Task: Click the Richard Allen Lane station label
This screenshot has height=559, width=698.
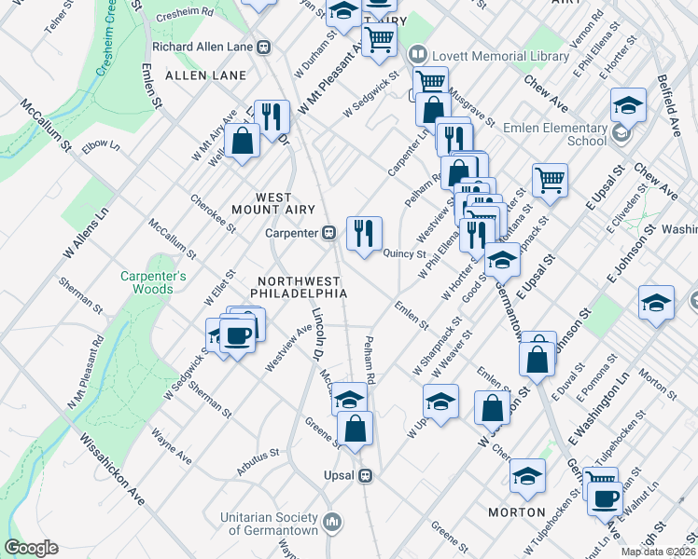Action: (205, 46)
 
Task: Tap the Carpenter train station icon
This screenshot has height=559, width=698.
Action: (329, 233)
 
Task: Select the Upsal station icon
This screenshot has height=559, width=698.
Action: (366, 475)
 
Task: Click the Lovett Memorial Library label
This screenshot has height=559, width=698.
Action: (500, 56)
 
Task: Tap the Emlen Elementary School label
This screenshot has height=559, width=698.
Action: (554, 134)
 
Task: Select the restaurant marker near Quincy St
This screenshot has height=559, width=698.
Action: (364, 232)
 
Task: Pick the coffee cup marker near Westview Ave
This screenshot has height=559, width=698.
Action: (237, 335)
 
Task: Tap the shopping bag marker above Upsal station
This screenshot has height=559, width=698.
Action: (356, 428)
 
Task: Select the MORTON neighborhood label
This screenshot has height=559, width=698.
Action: (517, 512)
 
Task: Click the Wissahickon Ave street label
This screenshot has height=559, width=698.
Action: (111, 470)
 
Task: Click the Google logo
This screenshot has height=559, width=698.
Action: (31, 548)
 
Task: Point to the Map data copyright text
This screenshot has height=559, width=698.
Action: (657, 552)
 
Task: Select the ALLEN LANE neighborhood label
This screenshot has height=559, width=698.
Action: (205, 75)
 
